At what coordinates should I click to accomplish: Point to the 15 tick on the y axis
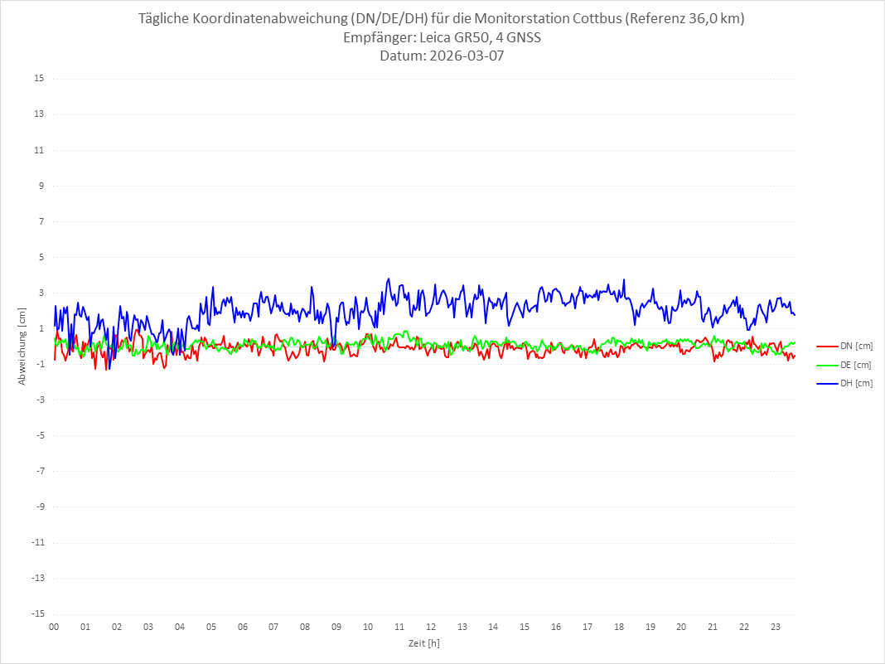click(39, 79)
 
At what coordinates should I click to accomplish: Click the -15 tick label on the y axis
click(37, 613)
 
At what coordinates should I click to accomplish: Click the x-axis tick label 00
click(54, 627)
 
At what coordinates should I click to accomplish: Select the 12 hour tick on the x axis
click(431, 627)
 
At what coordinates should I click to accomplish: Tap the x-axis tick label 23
click(776, 627)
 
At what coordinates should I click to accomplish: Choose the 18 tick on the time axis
click(619, 627)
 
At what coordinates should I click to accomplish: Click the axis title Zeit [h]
click(424, 642)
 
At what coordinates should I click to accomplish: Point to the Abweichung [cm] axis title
click(22, 346)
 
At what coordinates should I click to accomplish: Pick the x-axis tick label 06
click(242, 627)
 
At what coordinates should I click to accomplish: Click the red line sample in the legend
click(827, 347)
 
